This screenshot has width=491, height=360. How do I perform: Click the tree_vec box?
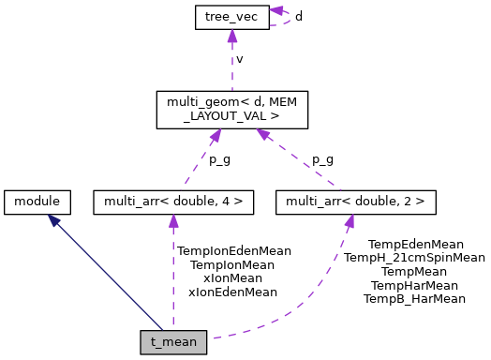tap(230, 16)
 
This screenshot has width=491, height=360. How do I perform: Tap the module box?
tap(37, 200)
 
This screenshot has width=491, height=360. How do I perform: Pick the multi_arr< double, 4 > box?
tap(173, 200)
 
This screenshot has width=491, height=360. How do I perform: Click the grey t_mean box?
tap(173, 341)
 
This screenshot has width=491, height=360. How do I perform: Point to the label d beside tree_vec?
tap(298, 16)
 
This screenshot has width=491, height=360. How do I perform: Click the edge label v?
tap(240, 58)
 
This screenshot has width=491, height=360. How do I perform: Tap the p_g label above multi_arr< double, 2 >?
tap(322, 158)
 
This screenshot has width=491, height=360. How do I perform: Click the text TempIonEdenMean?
tap(233, 251)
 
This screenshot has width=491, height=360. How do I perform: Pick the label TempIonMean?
tap(232, 265)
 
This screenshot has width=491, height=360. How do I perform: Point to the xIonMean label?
tap(232, 278)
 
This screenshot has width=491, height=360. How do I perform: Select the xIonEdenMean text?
tap(232, 292)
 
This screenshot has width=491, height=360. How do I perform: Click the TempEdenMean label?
tap(415, 244)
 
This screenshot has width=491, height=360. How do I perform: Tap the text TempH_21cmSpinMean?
tap(414, 257)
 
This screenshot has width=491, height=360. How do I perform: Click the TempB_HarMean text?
tap(414, 298)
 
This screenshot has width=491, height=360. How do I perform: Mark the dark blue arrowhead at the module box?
tap(56, 218)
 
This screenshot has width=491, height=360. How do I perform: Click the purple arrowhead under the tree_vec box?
tap(230, 36)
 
